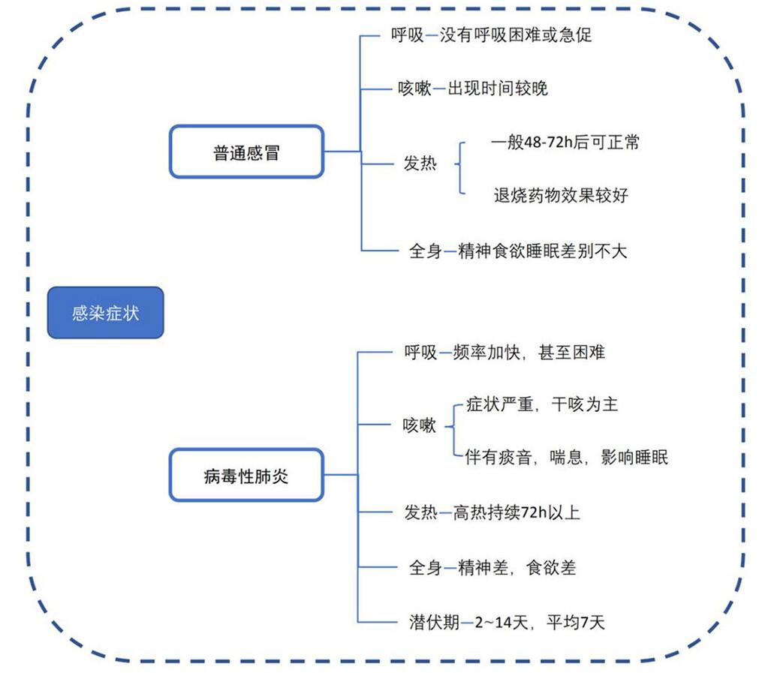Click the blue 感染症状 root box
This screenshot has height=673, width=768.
tap(105, 312)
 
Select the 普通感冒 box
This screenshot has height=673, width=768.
tap(246, 152)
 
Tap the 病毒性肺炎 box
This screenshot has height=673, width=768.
tap(246, 475)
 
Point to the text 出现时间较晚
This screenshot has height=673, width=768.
tap(498, 89)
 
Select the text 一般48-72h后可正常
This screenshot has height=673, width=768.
tap(565, 143)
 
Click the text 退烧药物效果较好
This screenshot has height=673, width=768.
tap(561, 195)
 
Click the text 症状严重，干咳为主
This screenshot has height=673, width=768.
tap(542, 404)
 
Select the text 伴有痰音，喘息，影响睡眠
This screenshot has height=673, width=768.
tap(566, 457)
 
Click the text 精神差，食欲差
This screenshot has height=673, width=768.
tap(517, 567)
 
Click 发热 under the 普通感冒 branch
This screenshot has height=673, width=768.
tap(420, 163)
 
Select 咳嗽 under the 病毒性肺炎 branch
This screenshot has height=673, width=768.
tap(419, 425)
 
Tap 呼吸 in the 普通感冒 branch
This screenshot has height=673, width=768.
tap(408, 35)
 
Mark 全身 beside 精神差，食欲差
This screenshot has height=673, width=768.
tap(425, 567)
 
